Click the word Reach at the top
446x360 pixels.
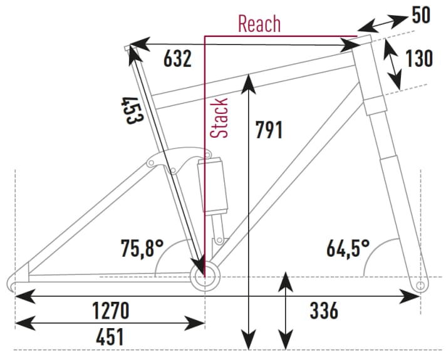click(259, 24)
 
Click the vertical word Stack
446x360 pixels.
click(219, 118)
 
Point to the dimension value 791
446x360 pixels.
click(269, 130)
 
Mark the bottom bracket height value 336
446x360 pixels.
click(324, 310)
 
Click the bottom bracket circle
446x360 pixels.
click(205, 275)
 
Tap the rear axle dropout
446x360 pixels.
click(17, 279)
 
